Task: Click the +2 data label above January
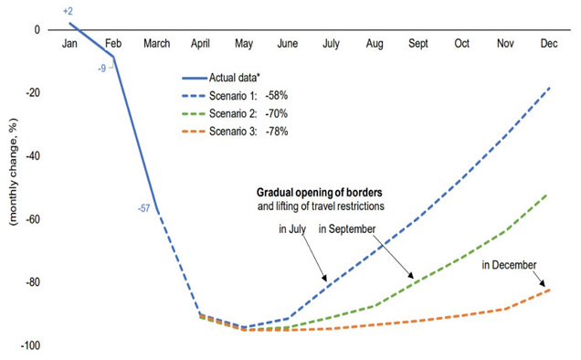pyautogui.click(x=68, y=11)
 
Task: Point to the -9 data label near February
pyautogui.click(x=102, y=69)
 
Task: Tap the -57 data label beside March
pyautogui.click(x=143, y=208)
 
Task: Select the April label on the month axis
pyautogui.click(x=200, y=43)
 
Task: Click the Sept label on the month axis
pyautogui.click(x=418, y=43)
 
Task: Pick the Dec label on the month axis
pyautogui.click(x=549, y=43)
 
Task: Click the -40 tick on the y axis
pyautogui.click(x=33, y=155)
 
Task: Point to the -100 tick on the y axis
pyautogui.click(x=30, y=345)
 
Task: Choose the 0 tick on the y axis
pyautogui.click(x=37, y=29)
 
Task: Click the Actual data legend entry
pyautogui.click(x=221, y=78)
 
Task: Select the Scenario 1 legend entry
pyautogui.click(x=235, y=96)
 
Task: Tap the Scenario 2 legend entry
pyautogui.click(x=235, y=113)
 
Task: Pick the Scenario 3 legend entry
pyautogui.click(x=235, y=132)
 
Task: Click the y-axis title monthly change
pyautogui.click(x=14, y=172)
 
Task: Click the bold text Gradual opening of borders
pyautogui.click(x=320, y=193)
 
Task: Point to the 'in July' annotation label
pyautogui.click(x=292, y=229)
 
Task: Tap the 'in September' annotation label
pyautogui.click(x=347, y=229)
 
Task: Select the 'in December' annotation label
pyautogui.click(x=509, y=265)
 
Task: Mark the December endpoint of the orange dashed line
pyautogui.click(x=549, y=290)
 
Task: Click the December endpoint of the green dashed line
pyautogui.click(x=547, y=194)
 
